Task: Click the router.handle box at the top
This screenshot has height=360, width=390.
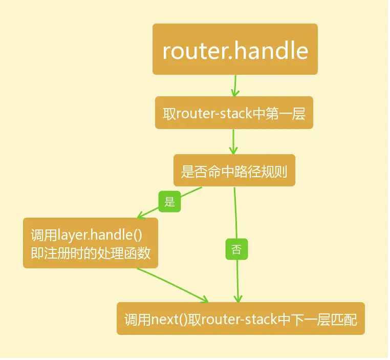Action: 235,49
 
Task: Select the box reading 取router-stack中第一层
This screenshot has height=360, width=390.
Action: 234,114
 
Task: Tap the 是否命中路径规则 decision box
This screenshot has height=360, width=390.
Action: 234,171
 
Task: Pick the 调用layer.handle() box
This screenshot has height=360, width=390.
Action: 91,243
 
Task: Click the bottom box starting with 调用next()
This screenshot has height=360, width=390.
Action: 241,319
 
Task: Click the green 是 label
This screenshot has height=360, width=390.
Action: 170,202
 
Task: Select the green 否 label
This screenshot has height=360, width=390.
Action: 236,249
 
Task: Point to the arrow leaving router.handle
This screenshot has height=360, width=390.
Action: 235,86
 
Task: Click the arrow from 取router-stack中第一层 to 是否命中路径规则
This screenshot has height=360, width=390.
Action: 233,141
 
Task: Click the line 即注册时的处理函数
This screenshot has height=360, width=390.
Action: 91,253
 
